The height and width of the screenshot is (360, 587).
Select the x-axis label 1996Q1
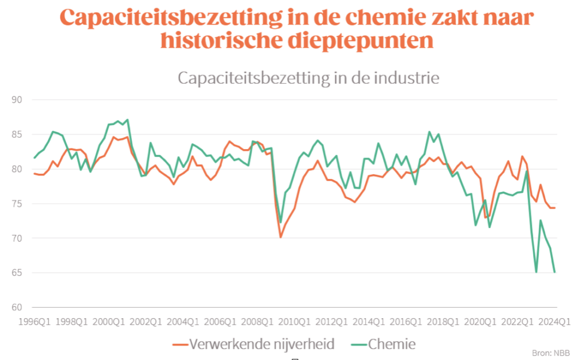tap(35, 322)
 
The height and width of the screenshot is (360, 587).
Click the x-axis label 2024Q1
tap(554, 322)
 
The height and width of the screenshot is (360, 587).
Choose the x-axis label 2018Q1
tap(443, 322)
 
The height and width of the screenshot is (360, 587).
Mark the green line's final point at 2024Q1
tap(555, 272)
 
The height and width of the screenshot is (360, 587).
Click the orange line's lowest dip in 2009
tap(281, 237)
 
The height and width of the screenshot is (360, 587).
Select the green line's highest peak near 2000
tap(127, 120)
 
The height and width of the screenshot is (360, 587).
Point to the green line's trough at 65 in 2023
tap(536, 272)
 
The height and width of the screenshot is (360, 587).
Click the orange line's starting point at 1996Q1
tap(35, 173)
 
